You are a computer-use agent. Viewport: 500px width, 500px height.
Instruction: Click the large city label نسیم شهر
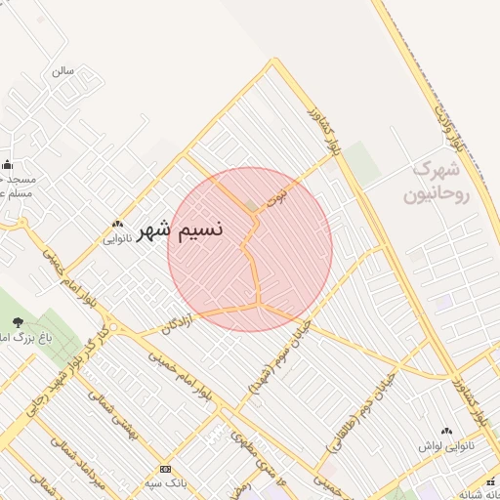[182, 230]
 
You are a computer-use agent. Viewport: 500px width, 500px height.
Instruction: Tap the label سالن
[63, 71]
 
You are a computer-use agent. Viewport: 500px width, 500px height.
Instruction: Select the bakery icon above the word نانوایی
[117, 223]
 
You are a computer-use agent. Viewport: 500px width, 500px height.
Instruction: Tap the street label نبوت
[283, 189]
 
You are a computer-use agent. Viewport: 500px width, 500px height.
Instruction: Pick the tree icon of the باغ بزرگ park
[18, 321]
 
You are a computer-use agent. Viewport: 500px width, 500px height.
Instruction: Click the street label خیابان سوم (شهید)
[279, 357]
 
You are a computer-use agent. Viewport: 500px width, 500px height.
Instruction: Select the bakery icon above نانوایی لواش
[447, 431]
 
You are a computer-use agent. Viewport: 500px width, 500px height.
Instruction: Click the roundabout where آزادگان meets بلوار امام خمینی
[113, 327]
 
